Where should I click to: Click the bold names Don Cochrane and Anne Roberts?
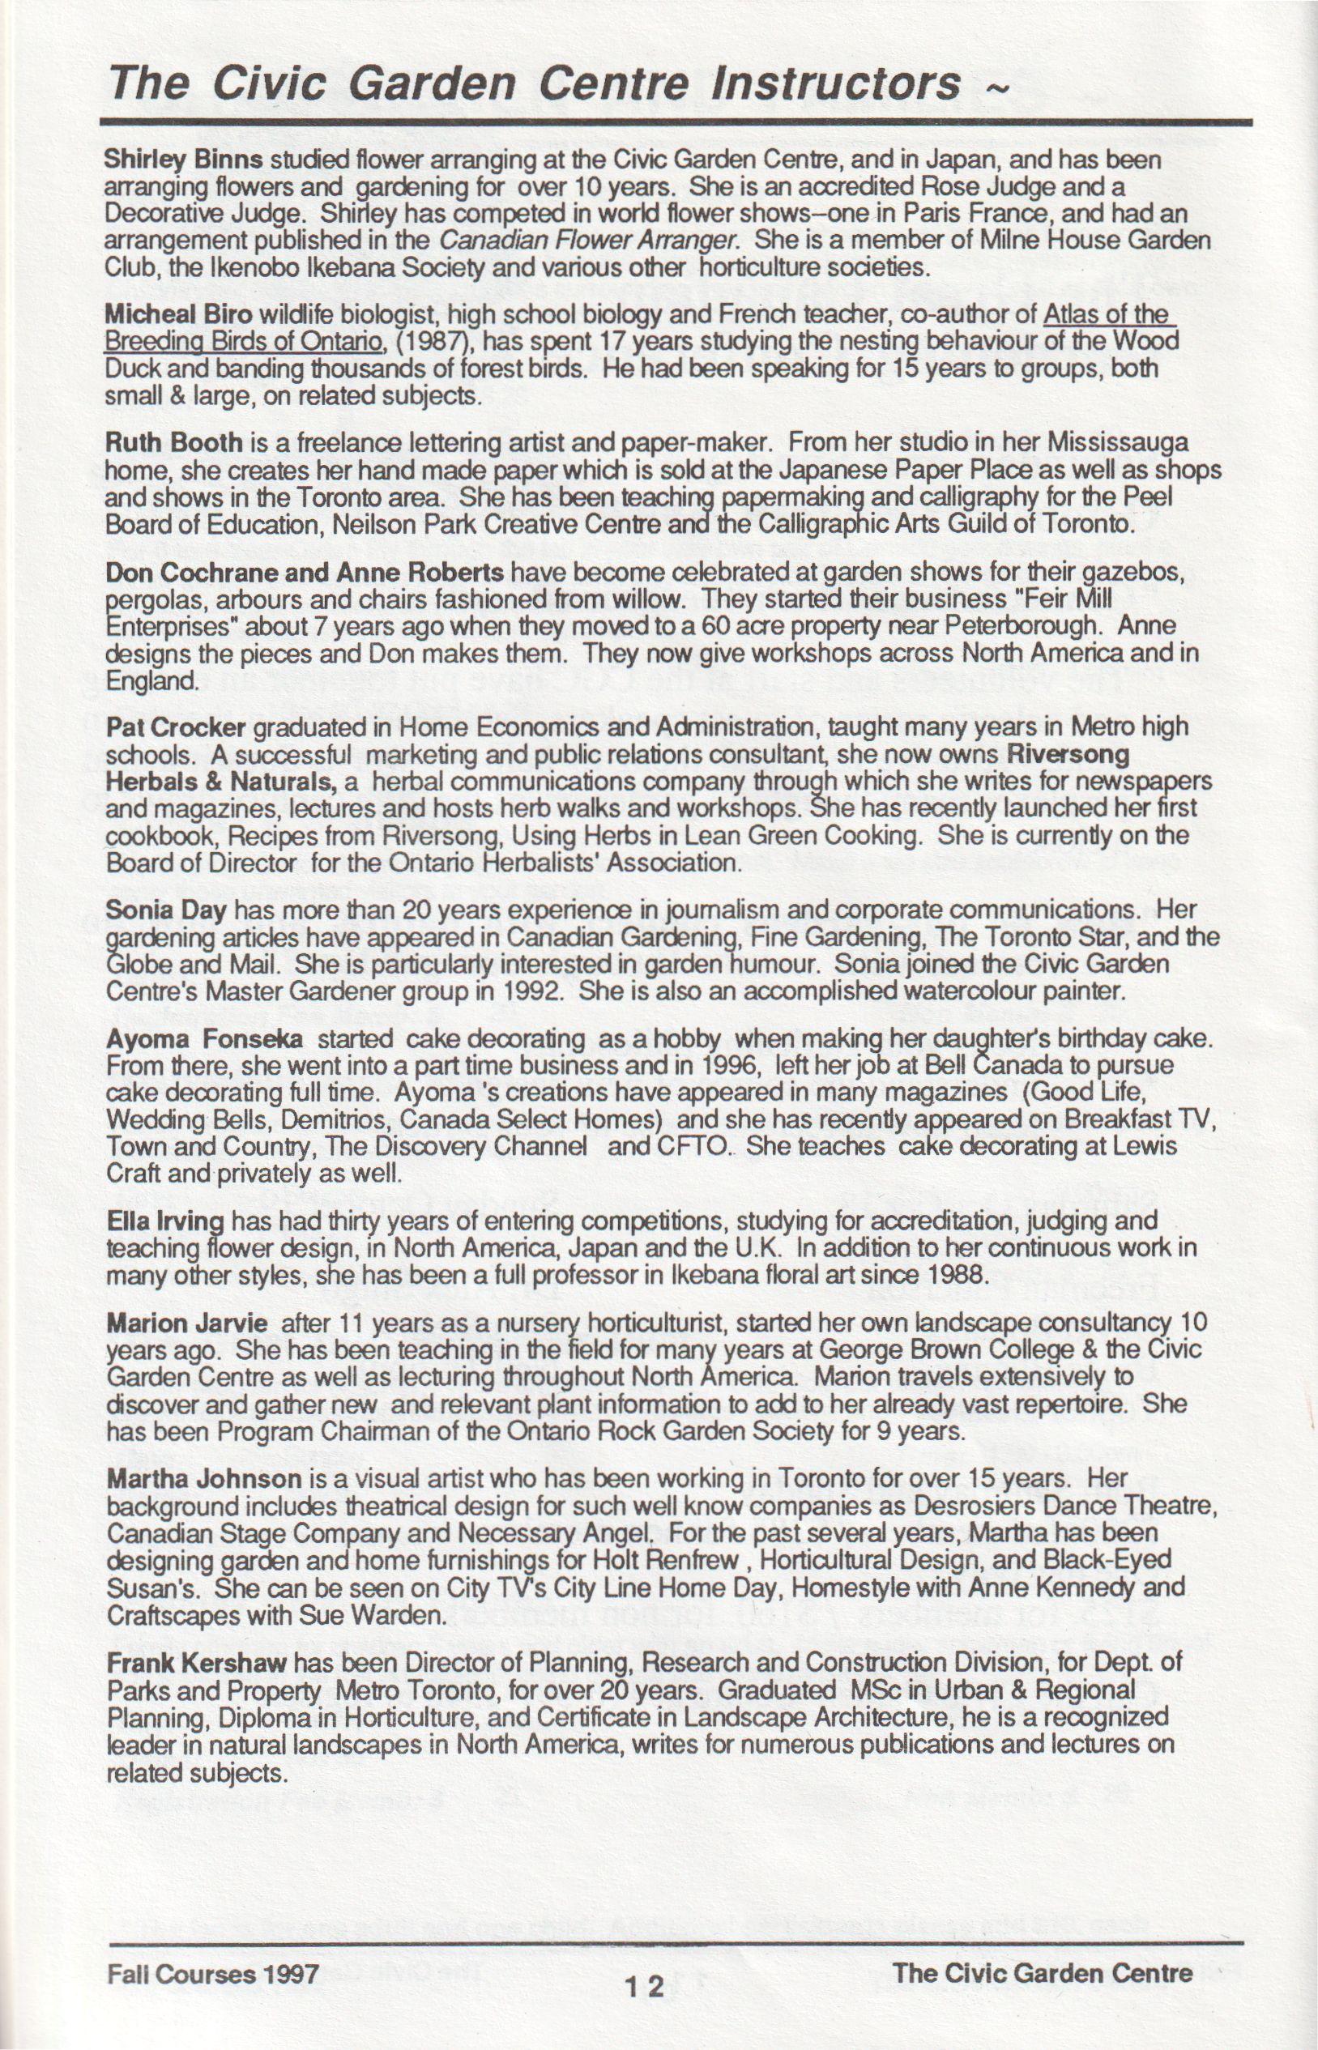303,572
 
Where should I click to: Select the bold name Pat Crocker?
176,728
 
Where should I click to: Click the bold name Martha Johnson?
203,1479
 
